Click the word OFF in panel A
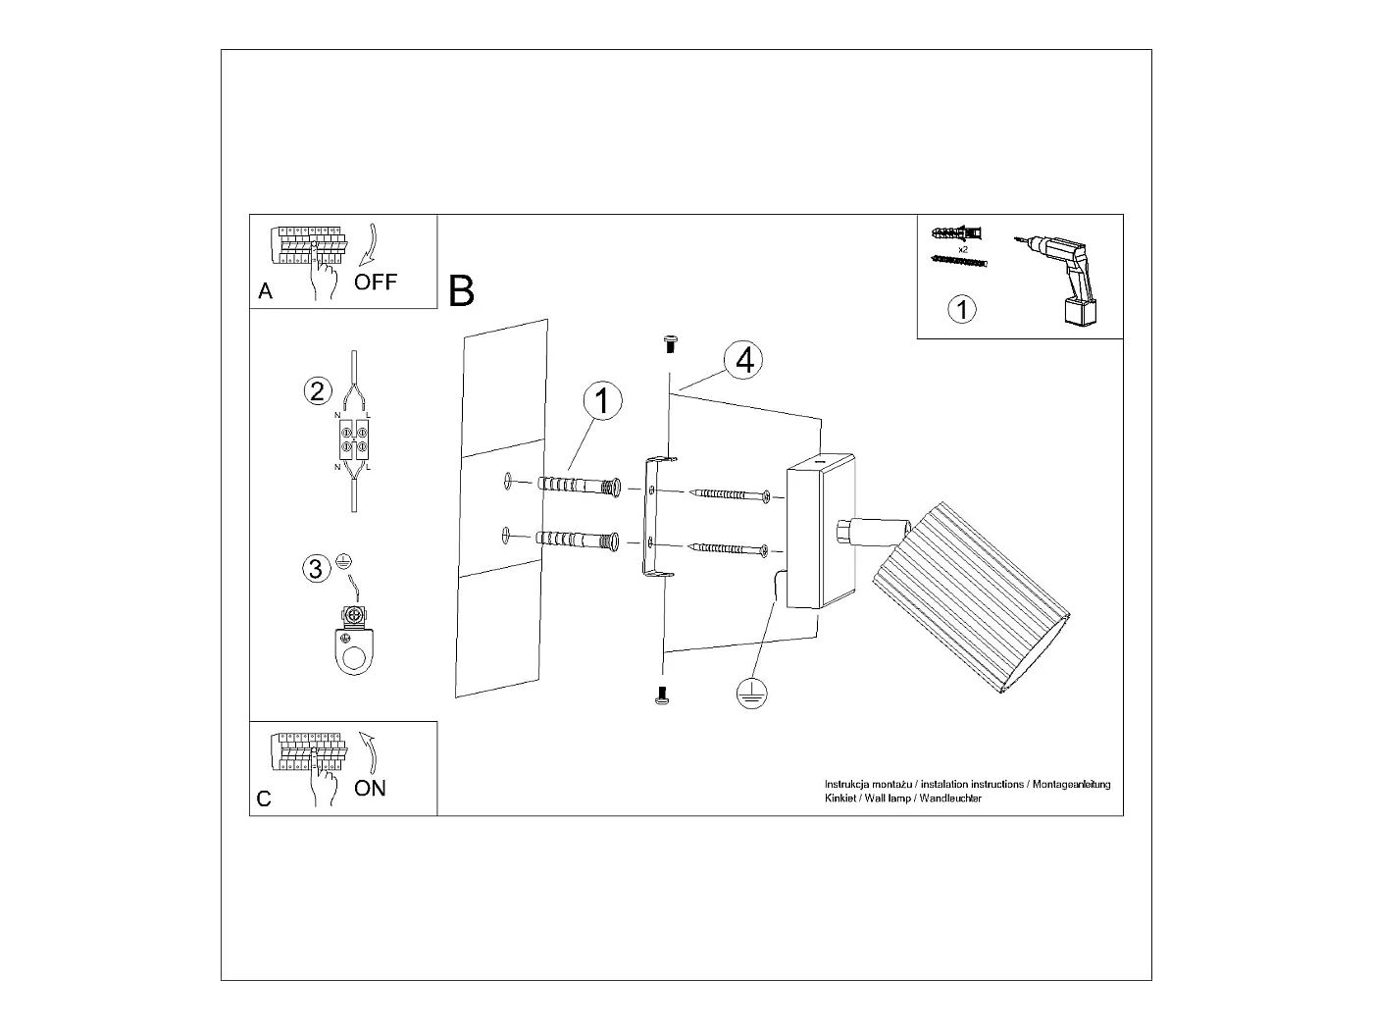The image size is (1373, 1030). tap(376, 283)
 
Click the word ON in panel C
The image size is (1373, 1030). tap(370, 788)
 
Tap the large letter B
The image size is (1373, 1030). tap(461, 291)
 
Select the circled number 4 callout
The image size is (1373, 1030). tap(744, 360)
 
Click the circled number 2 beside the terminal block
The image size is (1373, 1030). tap(316, 391)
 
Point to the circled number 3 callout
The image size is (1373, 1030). tap(316, 568)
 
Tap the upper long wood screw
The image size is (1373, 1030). tap(731, 495)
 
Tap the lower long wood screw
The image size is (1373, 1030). tap(731, 549)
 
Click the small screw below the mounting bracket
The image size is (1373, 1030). tap(662, 695)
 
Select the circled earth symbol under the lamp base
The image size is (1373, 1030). tap(751, 694)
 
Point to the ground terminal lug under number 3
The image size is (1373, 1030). tap(352, 639)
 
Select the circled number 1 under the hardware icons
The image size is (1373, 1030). tap(962, 309)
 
